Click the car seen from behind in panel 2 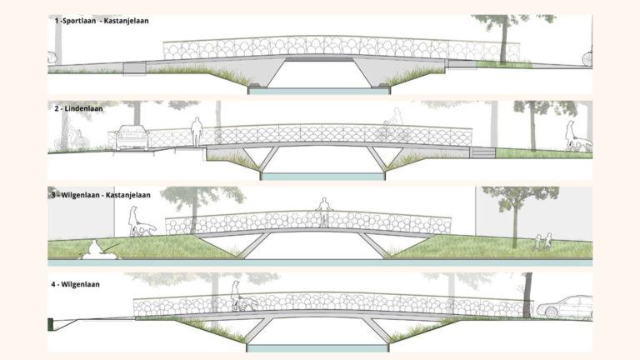tap(132, 137)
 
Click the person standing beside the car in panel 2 tap(197, 132)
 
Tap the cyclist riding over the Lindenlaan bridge tap(391, 130)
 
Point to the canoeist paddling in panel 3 tap(97, 248)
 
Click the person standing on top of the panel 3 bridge tap(323, 212)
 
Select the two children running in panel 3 tap(542, 242)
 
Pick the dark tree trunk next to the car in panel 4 tap(527, 296)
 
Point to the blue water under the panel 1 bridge tap(320, 90)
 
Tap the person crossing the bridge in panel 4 tap(237, 295)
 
